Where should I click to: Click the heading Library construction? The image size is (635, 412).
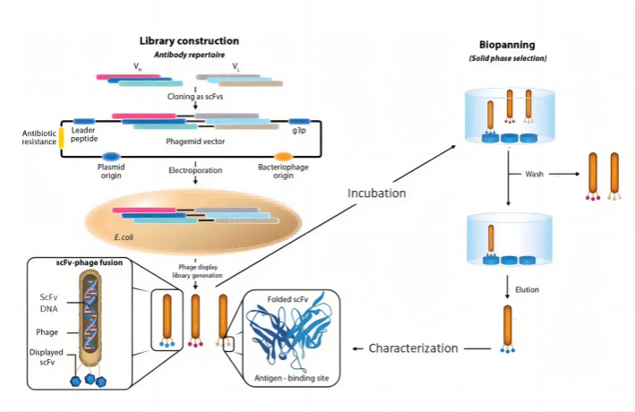[188, 41]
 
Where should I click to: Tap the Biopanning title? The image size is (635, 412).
[507, 44]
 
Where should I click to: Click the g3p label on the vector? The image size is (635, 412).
[300, 131]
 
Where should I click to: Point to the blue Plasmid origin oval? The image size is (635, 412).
[112, 157]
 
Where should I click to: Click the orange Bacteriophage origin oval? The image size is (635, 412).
[282, 157]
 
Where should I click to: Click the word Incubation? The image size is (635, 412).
[377, 193]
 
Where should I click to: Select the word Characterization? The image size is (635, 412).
[414, 348]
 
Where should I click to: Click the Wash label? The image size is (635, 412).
[522, 174]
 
